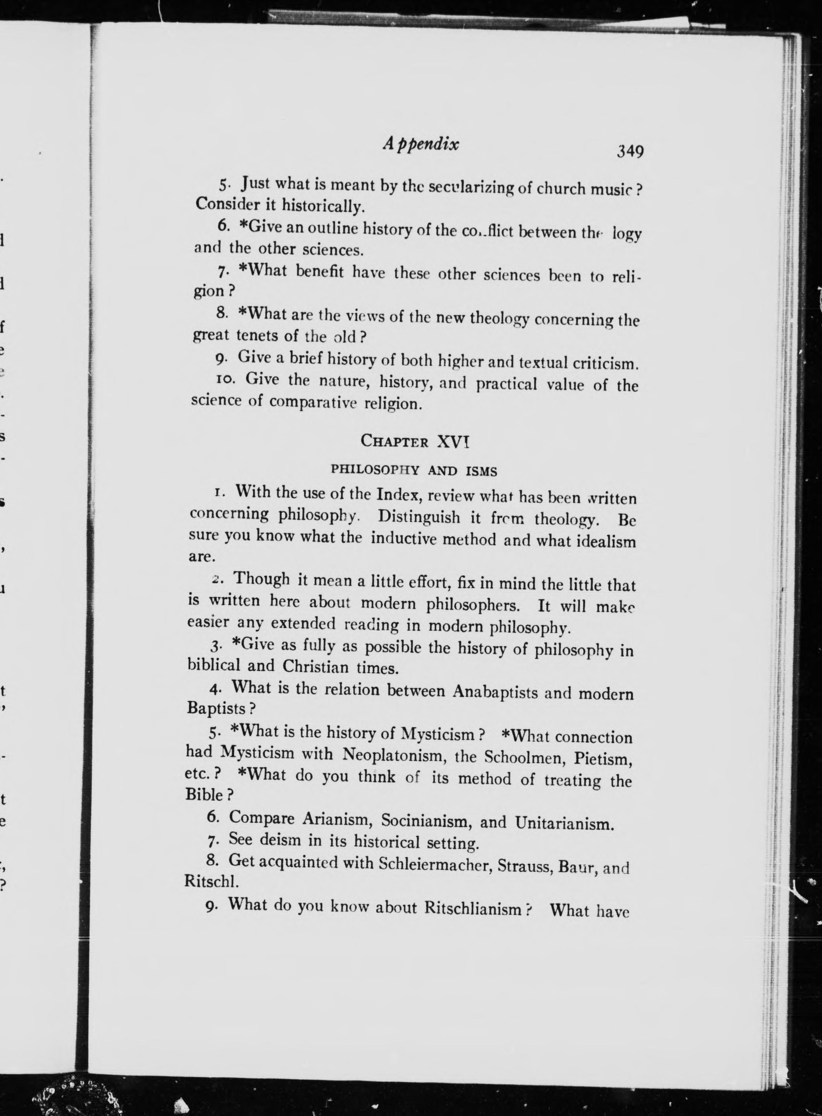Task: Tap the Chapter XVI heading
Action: click(415, 441)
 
